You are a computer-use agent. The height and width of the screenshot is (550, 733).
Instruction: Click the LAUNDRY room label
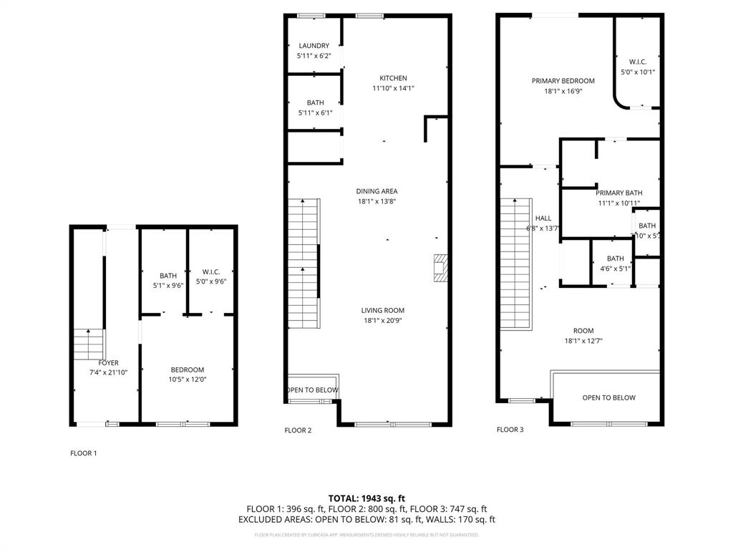point(314,46)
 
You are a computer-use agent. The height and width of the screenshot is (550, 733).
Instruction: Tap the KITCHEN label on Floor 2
point(393,78)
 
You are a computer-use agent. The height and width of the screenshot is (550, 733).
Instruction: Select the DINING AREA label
point(377,191)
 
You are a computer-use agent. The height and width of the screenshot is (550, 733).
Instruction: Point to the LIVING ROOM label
point(383,310)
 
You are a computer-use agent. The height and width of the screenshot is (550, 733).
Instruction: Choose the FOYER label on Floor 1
point(108,363)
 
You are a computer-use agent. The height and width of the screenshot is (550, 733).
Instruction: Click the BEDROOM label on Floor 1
point(187,370)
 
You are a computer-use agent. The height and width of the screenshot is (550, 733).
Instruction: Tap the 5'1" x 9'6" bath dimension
point(168,285)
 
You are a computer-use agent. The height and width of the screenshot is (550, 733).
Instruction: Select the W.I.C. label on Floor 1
point(211,271)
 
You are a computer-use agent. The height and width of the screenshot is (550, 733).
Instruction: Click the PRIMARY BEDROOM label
point(563,81)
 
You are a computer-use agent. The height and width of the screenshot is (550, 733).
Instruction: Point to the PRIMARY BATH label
point(619,193)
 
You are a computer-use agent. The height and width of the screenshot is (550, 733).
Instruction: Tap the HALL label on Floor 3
point(543,218)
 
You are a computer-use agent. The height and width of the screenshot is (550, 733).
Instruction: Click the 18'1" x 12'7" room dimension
point(583,341)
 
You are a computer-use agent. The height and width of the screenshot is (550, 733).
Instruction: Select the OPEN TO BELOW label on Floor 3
point(608,397)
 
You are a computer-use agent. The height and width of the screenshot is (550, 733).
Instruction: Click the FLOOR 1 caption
point(83,453)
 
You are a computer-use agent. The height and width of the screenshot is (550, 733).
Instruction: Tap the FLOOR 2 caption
point(298,430)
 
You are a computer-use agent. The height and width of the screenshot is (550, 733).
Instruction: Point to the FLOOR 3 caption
point(510,430)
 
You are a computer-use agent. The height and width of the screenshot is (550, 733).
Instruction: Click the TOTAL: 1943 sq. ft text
point(366,498)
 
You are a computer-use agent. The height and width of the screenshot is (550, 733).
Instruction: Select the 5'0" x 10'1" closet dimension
point(637,72)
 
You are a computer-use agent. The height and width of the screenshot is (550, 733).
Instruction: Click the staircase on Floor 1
point(89,344)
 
